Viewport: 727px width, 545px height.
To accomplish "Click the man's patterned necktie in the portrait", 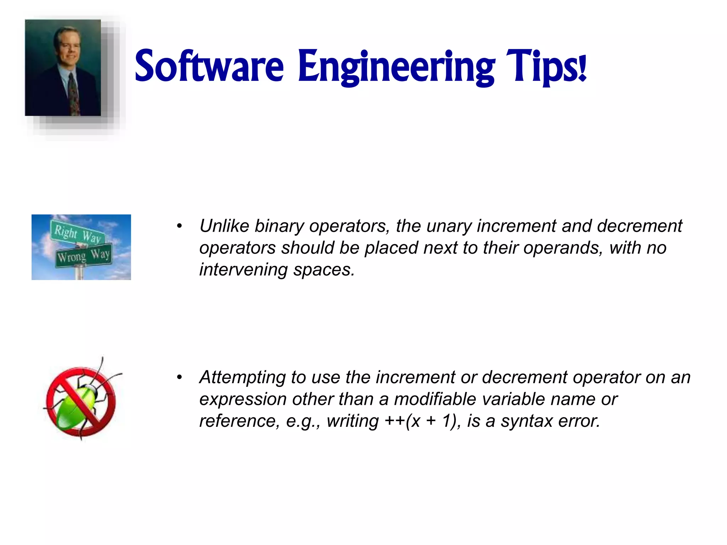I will click(74, 94).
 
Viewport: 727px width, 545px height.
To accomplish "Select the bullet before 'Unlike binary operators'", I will click(180, 226).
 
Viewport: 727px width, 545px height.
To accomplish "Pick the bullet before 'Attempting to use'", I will click(180, 377).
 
